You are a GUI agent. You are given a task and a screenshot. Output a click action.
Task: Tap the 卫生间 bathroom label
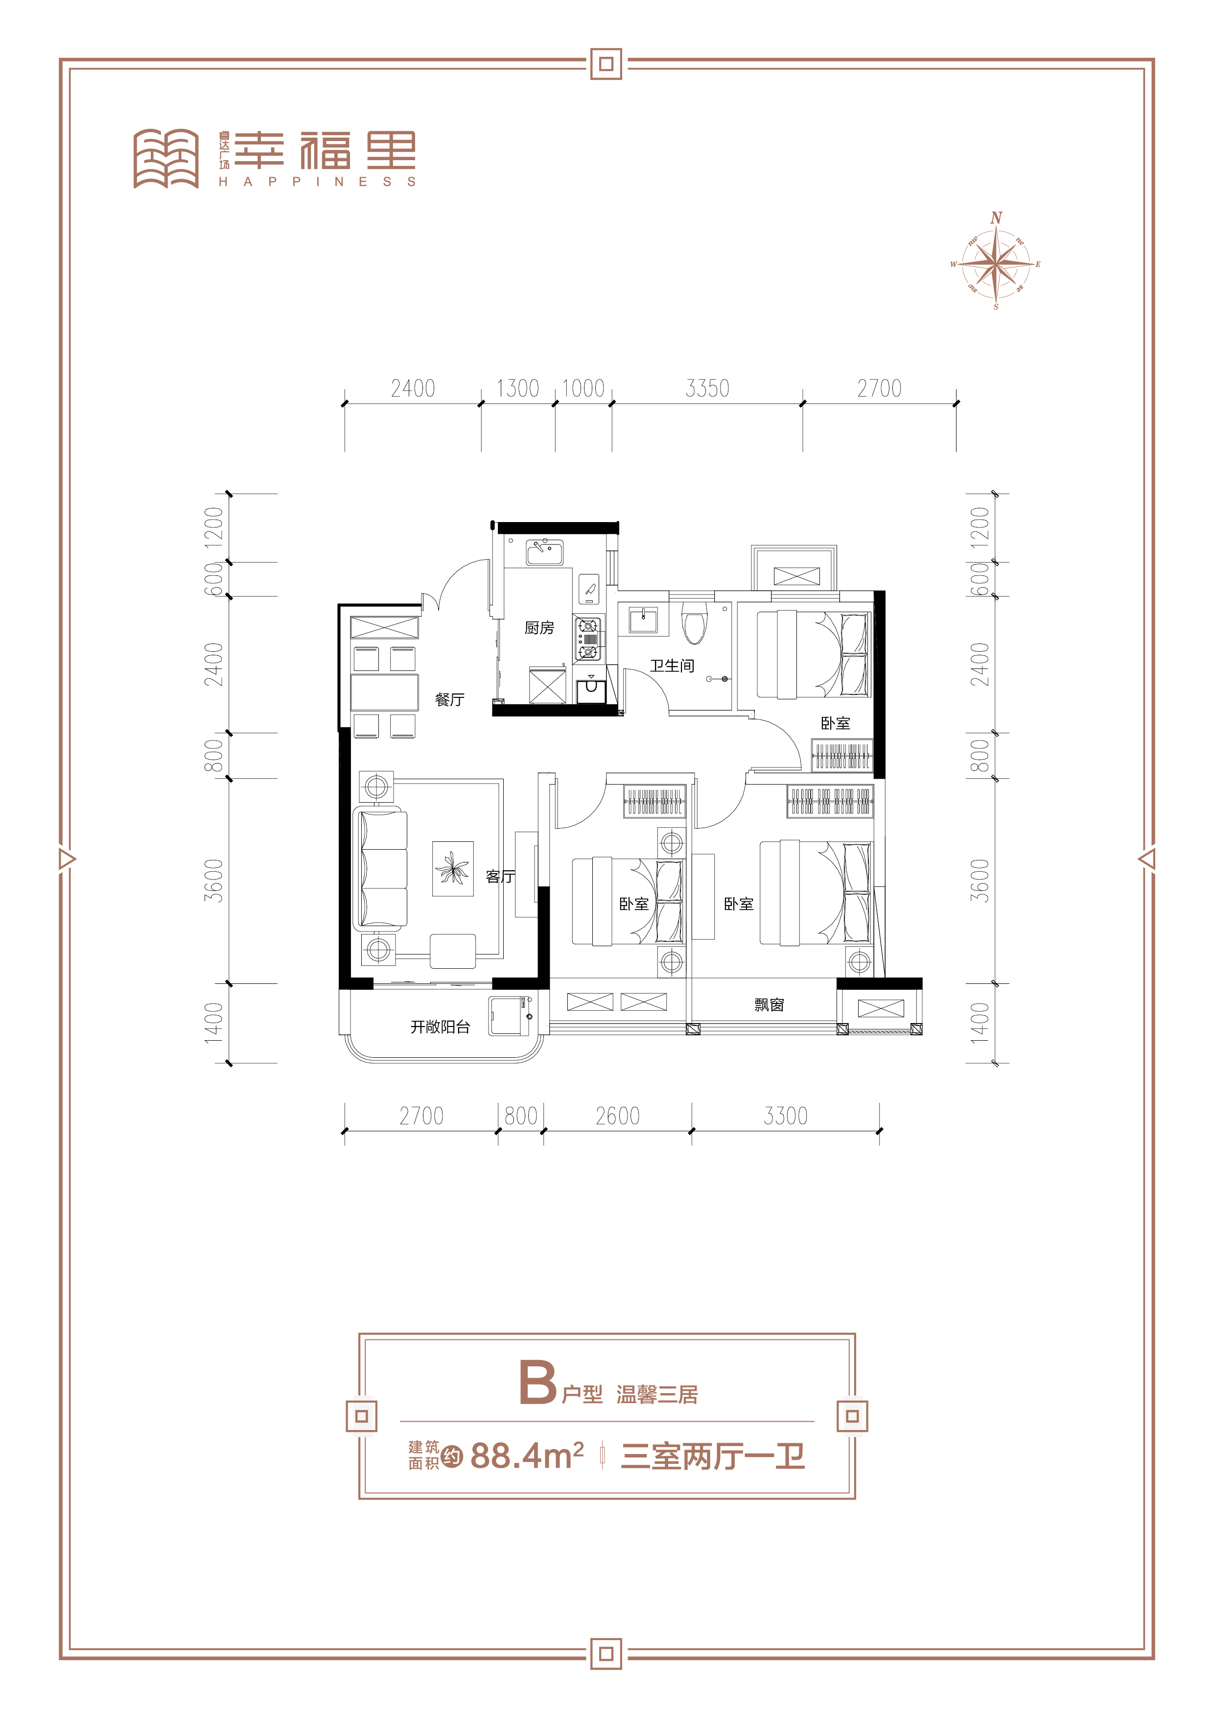pyautogui.click(x=672, y=665)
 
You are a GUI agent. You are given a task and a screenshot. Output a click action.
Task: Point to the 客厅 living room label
pyautogui.click(x=500, y=876)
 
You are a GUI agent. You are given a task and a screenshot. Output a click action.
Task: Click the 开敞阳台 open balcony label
pyautogui.click(x=440, y=1026)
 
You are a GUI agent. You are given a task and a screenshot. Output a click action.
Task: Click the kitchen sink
pyautogui.click(x=544, y=552)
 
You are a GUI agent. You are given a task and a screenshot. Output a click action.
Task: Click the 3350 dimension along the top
pyautogui.click(x=707, y=388)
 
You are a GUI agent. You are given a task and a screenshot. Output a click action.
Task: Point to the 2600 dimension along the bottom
pyautogui.click(x=617, y=1116)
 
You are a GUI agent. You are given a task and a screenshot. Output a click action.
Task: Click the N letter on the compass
pyautogui.click(x=996, y=218)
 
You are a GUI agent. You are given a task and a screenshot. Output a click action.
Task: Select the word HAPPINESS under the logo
pyautogui.click(x=317, y=182)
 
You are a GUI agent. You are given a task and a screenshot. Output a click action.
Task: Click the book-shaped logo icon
pyautogui.click(x=166, y=159)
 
